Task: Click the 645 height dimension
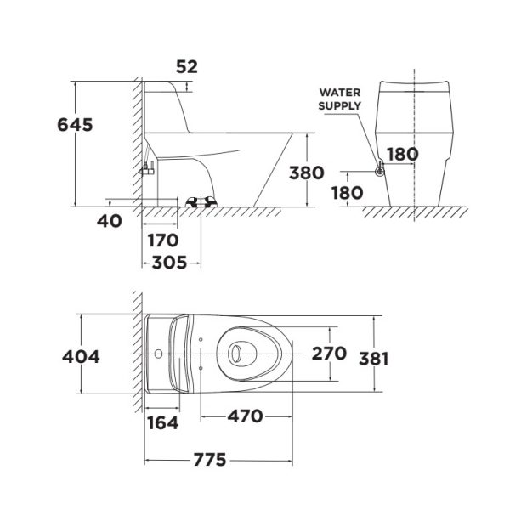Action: [x=75, y=124]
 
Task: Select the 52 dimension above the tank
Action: [x=186, y=65]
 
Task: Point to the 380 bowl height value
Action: [x=306, y=173]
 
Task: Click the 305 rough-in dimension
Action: [x=171, y=263]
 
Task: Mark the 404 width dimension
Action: [x=81, y=356]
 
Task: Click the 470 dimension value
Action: [x=245, y=416]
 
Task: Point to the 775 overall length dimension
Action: [x=209, y=460]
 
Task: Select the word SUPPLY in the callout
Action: [x=339, y=105]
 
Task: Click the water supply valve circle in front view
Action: [x=380, y=172]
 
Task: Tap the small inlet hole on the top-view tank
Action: [x=158, y=353]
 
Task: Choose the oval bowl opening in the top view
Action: [x=241, y=353]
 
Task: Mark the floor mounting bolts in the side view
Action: [x=201, y=201]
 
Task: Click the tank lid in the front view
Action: [x=412, y=85]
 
